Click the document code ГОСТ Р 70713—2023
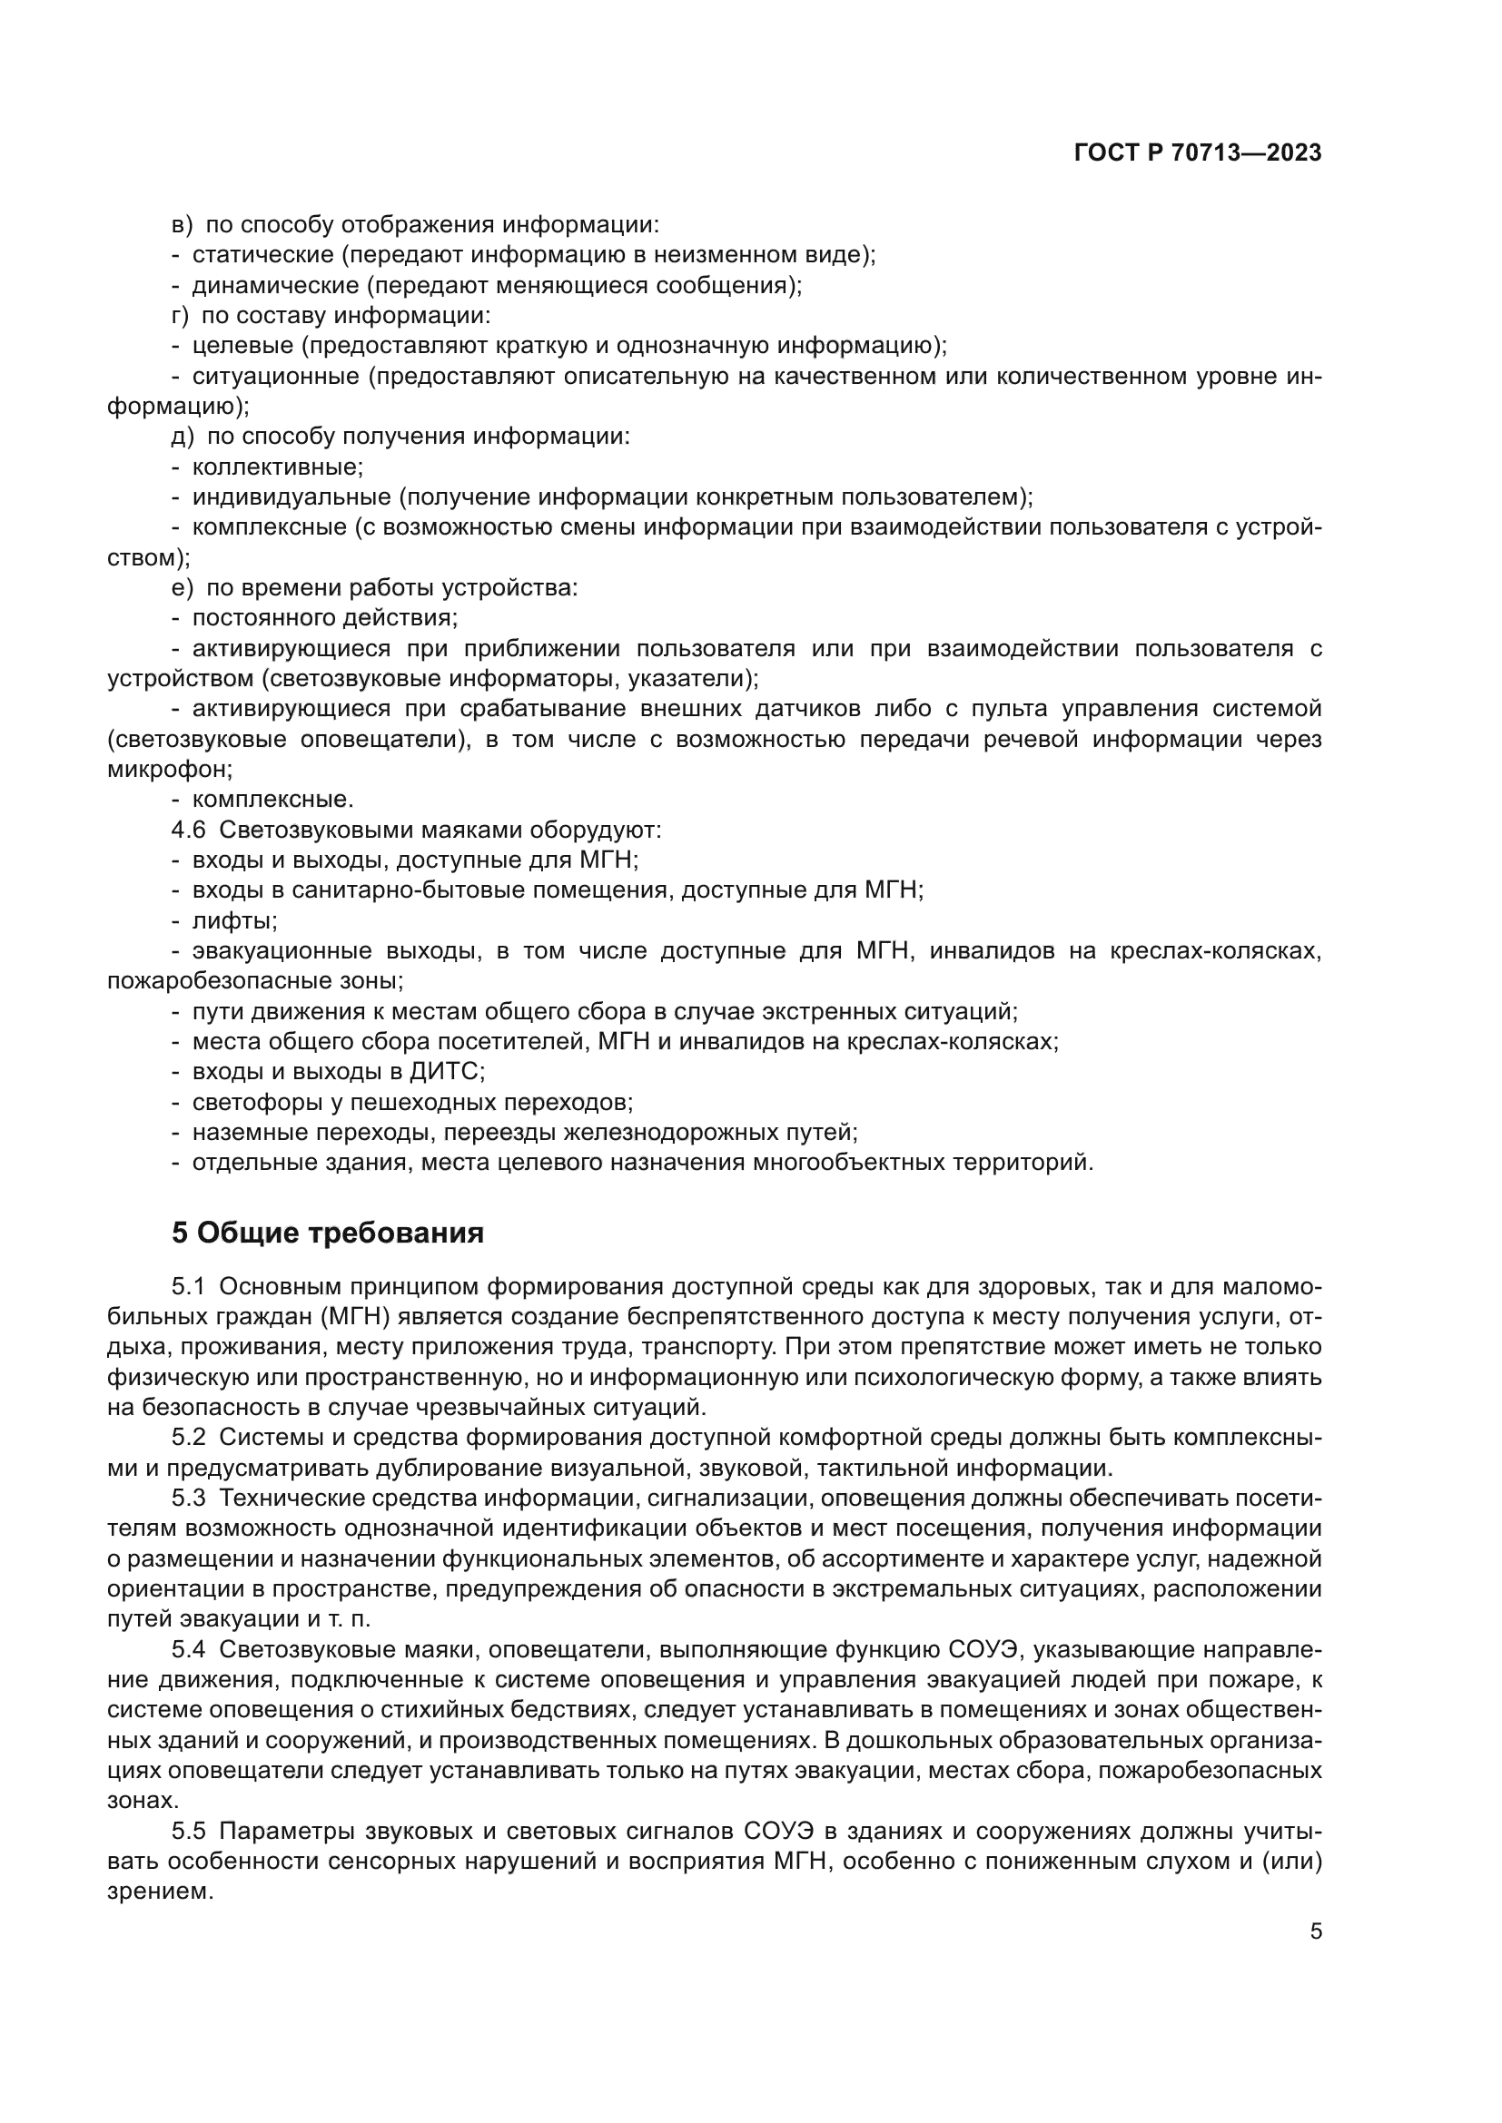[1198, 153]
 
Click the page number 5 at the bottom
[1316, 1931]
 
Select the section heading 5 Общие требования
[328, 1233]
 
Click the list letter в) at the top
[183, 225]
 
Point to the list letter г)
[181, 315]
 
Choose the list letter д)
[183, 437]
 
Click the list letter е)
[183, 588]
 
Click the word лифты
[234, 921]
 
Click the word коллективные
[278, 467]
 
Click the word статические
[262, 255]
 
